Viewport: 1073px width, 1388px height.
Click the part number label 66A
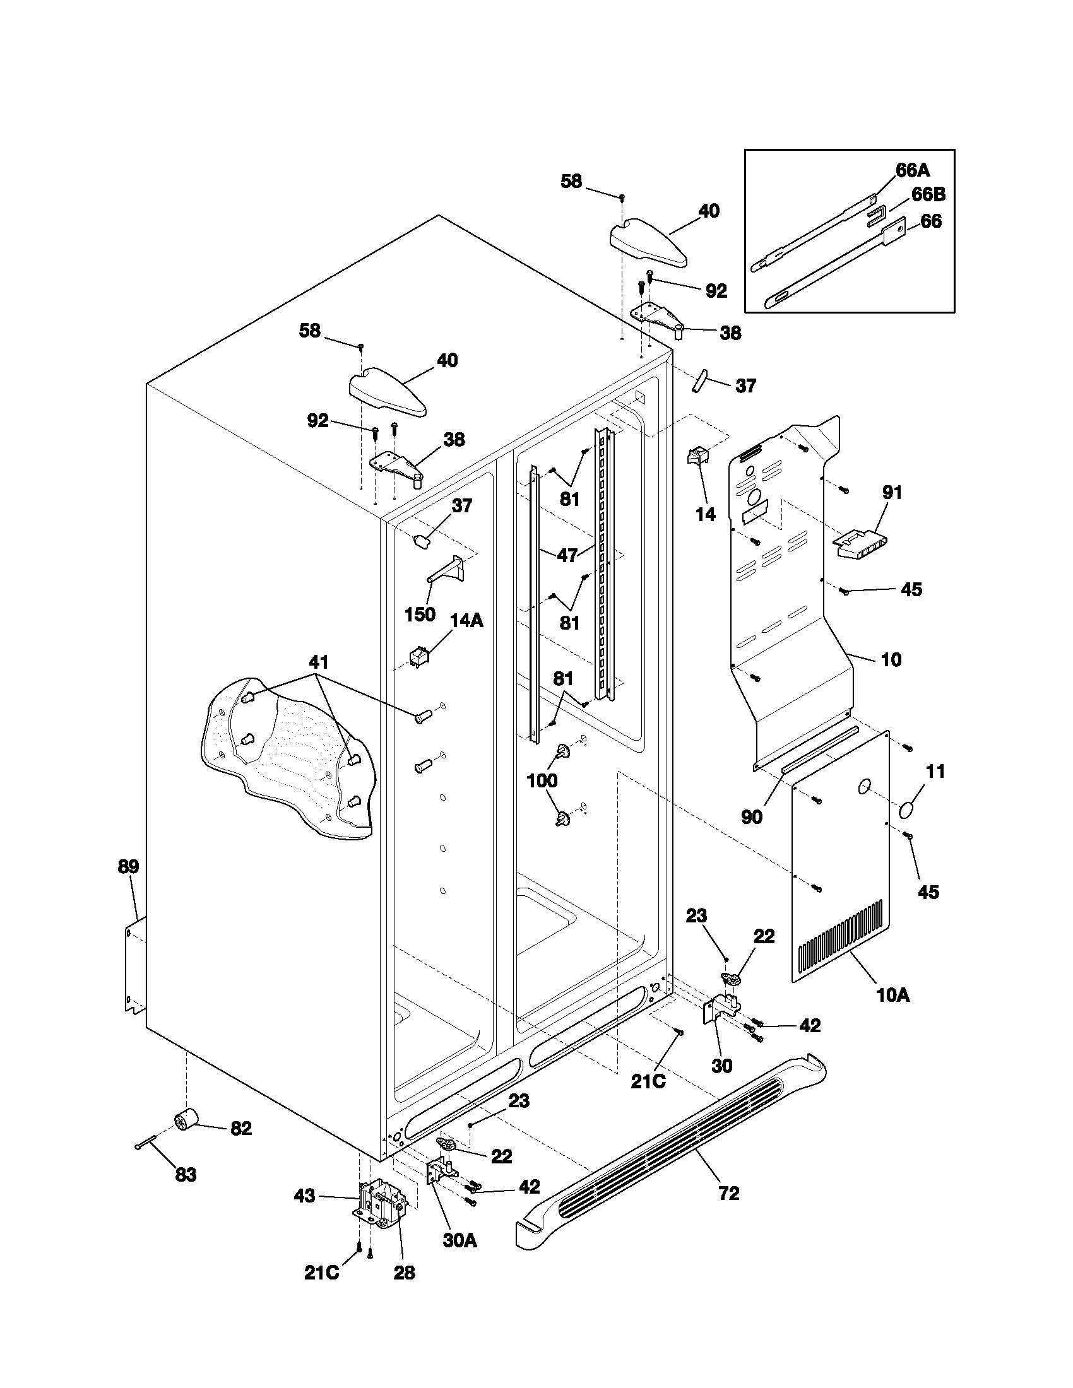pos(912,170)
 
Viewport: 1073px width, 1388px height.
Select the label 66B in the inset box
pos(928,194)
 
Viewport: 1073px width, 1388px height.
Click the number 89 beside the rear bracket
pos(128,866)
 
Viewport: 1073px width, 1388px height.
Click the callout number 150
pos(420,614)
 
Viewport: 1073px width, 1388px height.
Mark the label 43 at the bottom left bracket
pos(304,1196)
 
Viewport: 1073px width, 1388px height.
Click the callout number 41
pos(319,662)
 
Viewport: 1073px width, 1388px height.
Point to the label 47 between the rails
pos(567,555)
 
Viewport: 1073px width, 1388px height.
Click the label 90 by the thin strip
pos(752,817)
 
